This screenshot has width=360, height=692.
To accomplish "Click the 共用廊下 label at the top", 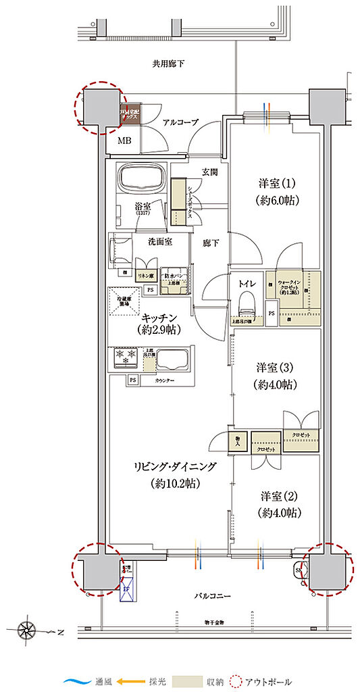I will coord(168,64).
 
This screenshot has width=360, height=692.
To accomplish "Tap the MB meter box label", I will coord(125,141).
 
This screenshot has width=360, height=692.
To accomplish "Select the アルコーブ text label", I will coord(180,122).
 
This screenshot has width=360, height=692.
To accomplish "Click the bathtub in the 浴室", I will coord(142,180).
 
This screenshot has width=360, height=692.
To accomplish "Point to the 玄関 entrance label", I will coord(209,172).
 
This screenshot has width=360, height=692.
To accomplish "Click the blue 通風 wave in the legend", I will coord(78,682).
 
